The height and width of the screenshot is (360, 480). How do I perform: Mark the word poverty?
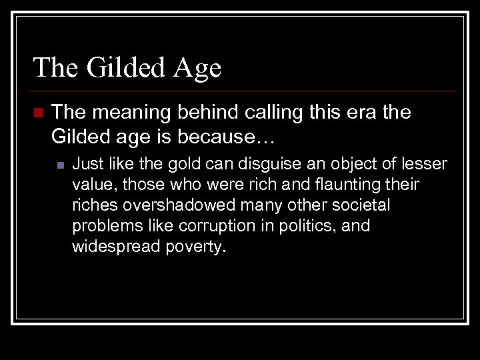point(193,247)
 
